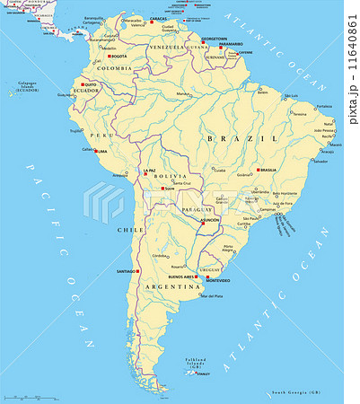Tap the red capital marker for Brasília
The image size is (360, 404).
click(x=259, y=170)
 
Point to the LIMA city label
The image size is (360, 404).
click(x=101, y=151)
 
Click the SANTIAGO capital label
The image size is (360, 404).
click(x=127, y=270)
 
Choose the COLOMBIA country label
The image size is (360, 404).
click(x=115, y=68)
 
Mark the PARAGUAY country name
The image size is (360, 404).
click(x=197, y=209)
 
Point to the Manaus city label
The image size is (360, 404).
click(x=183, y=93)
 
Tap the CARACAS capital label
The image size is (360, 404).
click(x=158, y=18)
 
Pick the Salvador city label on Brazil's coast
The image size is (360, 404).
click(x=321, y=162)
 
